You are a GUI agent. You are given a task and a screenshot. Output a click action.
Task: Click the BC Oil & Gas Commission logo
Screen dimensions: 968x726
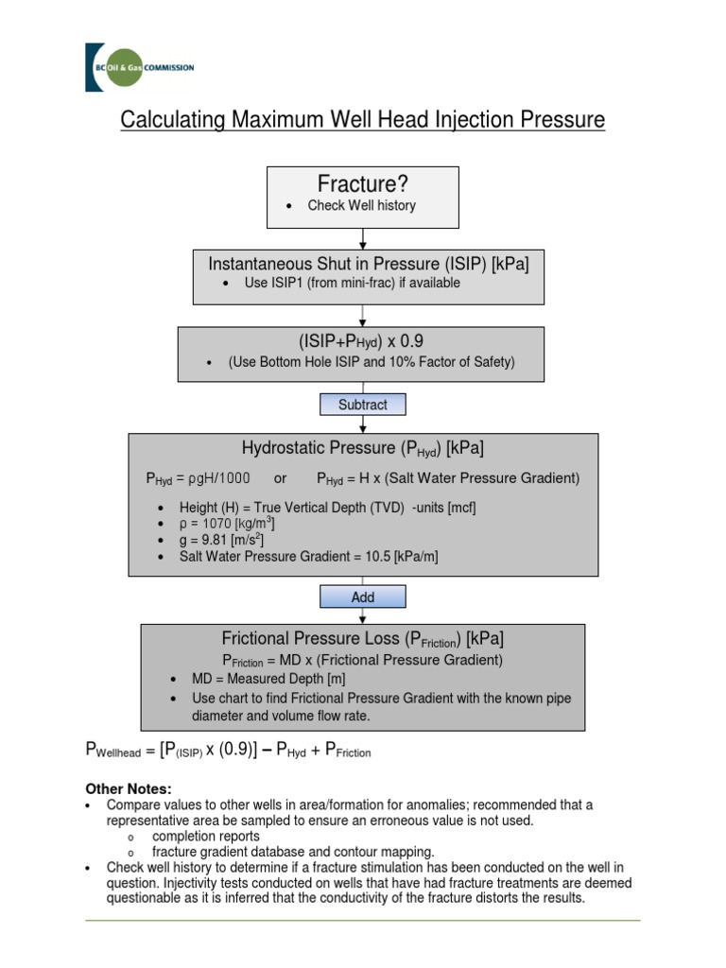[139, 67]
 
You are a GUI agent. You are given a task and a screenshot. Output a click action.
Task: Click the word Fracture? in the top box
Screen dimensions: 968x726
[362, 182]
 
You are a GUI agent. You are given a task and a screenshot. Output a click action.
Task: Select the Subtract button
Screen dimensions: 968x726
[363, 405]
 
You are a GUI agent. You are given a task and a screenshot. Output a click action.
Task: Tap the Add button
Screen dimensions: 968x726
[363, 597]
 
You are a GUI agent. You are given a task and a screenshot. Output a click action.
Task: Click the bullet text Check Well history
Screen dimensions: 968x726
[361, 206]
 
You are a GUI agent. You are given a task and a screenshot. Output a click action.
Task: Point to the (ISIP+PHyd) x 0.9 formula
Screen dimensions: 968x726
[362, 340]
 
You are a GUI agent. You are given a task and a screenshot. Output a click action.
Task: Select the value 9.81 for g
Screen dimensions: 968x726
[215, 540]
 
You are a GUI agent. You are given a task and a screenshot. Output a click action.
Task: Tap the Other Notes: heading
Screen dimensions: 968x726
[129, 788]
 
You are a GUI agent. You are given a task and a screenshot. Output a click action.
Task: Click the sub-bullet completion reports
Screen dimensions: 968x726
[206, 837]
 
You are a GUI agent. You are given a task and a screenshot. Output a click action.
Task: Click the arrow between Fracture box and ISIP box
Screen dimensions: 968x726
[363, 238]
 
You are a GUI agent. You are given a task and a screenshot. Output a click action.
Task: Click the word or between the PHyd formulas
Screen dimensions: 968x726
[280, 479]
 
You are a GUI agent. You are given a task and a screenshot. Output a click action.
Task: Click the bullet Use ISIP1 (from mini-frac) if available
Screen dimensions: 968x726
[352, 284]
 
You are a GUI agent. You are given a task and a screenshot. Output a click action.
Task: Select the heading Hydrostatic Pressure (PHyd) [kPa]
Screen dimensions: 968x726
[363, 448]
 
